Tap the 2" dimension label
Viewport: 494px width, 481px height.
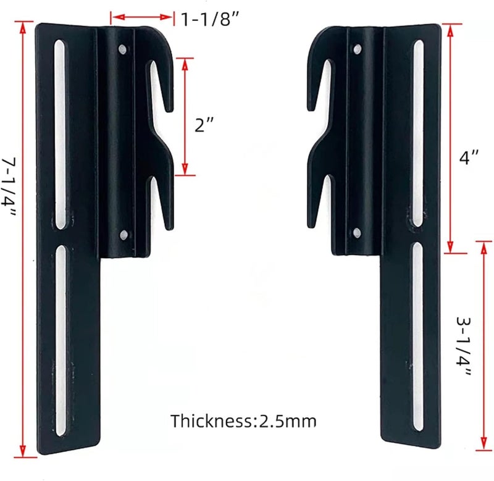coord(204,125)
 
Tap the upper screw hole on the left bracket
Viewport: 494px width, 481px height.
coord(124,48)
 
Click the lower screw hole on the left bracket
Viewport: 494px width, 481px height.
coord(124,234)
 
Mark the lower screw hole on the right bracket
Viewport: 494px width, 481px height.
coord(356,232)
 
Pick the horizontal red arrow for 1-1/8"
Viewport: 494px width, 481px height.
coord(142,17)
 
